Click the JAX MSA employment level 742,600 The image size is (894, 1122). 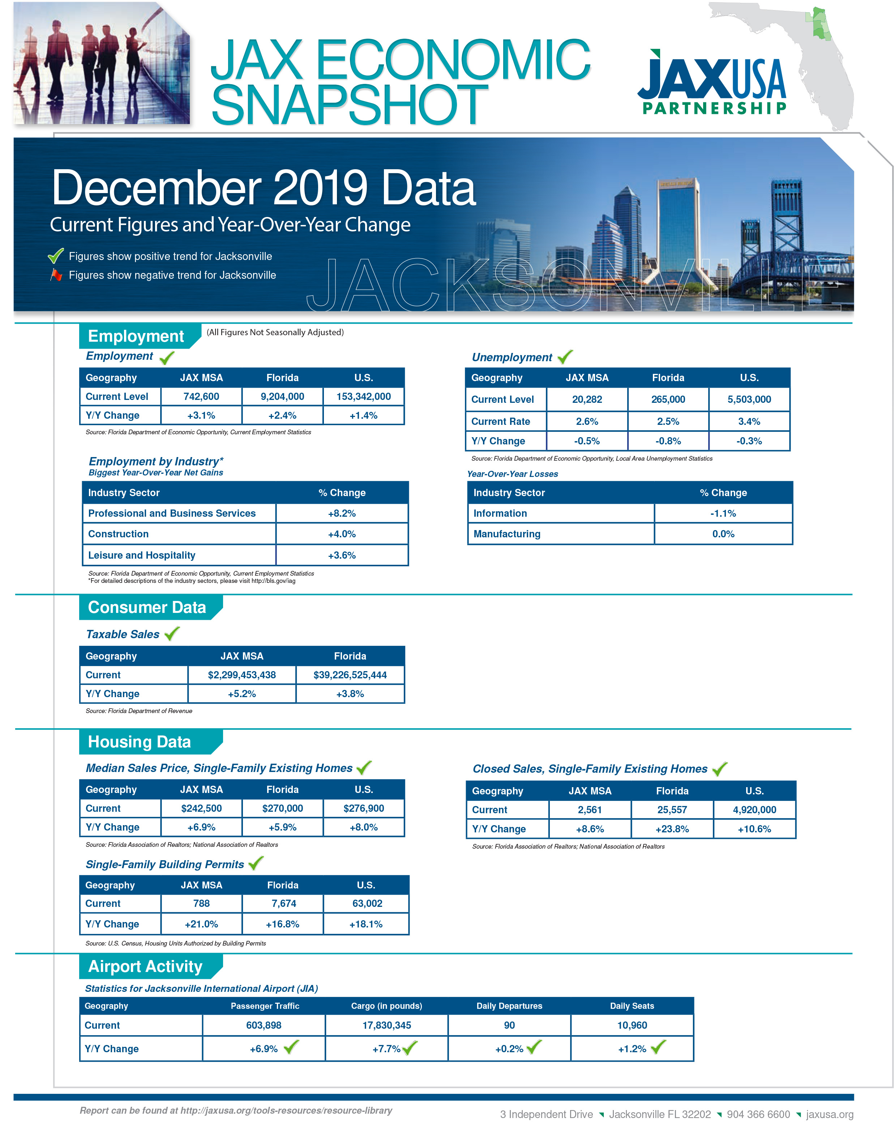pos(201,397)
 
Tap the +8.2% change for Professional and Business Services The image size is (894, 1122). pos(342,513)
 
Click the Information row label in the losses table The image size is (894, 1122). pos(500,513)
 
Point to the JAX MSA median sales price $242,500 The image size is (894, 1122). pos(201,808)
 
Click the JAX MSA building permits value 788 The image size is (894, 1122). pos(201,904)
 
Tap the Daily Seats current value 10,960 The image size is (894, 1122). pos(632,1025)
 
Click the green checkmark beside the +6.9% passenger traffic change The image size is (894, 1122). pos(291,1046)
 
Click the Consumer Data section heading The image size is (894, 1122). pos(147,607)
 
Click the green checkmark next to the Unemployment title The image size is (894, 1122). pos(565,357)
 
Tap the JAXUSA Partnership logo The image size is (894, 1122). pos(712,82)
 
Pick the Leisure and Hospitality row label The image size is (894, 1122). pos(142,555)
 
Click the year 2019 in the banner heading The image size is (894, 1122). pos(320,188)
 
